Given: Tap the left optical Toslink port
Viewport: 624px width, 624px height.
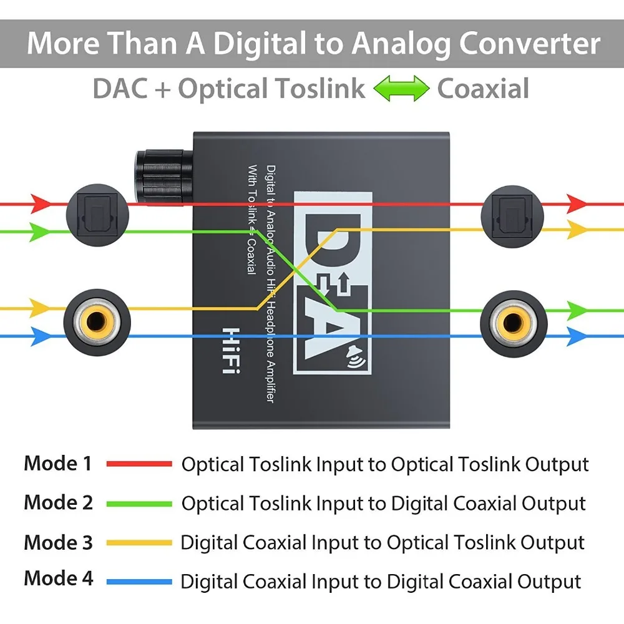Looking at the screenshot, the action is tap(97, 215).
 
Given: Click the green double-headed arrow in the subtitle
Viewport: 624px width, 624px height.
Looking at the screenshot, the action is tap(401, 89).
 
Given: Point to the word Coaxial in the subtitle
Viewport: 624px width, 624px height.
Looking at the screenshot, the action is tap(483, 89).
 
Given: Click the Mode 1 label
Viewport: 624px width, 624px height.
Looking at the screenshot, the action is tap(58, 464).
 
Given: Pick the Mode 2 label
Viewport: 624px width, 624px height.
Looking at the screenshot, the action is tap(58, 502).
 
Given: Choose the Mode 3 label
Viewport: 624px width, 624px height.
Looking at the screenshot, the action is tap(58, 542).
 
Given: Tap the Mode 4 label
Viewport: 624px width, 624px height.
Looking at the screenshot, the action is tap(58, 579).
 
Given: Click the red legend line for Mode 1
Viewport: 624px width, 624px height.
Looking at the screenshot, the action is tap(139, 464).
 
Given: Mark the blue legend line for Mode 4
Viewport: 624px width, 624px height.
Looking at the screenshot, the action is tap(139, 582).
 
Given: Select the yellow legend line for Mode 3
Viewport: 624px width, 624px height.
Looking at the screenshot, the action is tap(139, 543).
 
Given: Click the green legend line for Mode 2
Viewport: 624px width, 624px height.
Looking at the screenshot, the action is tap(139, 504).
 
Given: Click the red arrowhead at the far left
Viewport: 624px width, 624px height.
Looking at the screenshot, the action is tap(41, 203).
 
